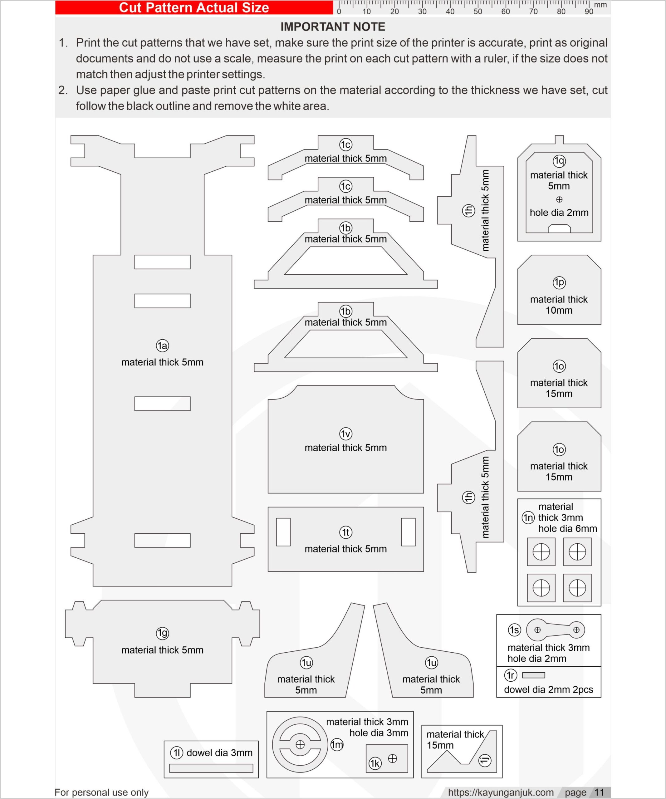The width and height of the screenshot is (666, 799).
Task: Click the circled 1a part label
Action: (x=162, y=346)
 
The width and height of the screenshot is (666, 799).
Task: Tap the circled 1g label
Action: (x=162, y=633)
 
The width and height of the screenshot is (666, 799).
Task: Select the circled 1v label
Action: (x=345, y=434)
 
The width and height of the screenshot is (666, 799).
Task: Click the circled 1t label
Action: (x=345, y=532)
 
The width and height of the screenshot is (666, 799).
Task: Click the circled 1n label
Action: (x=528, y=517)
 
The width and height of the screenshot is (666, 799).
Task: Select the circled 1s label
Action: (x=514, y=630)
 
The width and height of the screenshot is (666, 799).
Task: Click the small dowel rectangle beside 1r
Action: (x=534, y=675)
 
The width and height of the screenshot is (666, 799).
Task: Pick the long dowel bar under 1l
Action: (x=211, y=768)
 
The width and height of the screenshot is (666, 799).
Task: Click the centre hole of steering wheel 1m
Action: (x=300, y=745)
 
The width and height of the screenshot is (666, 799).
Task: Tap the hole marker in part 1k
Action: (x=393, y=759)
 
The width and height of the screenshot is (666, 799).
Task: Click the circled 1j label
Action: (x=485, y=760)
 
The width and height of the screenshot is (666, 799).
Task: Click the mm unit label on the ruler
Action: (x=600, y=5)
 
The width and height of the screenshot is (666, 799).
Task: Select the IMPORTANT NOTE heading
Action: (x=333, y=27)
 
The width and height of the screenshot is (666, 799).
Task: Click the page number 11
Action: (x=600, y=792)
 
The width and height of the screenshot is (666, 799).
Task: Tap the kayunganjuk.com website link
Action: (x=501, y=792)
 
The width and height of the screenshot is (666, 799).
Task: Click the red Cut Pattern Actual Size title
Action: (x=194, y=7)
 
